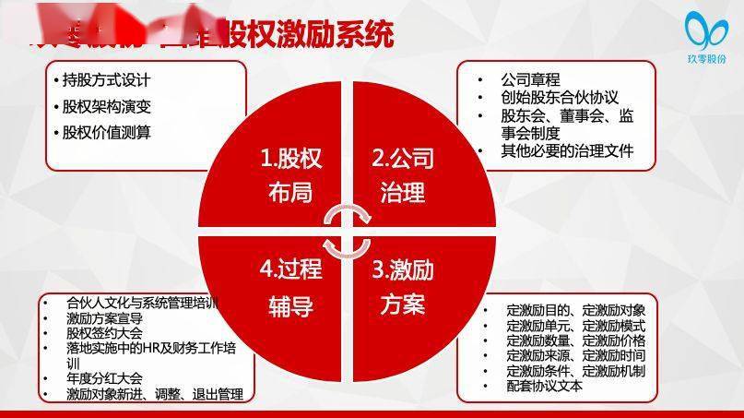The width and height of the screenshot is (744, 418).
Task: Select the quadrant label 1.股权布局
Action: pos(290,175)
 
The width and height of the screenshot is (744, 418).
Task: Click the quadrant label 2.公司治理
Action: pos(402,175)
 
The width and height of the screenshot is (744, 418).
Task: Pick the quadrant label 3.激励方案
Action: pos(402,287)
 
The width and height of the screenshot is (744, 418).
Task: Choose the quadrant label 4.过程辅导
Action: pos(290,287)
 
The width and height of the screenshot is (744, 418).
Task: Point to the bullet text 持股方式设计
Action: pos(107,80)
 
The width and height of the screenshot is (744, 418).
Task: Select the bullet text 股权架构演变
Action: pos(107,106)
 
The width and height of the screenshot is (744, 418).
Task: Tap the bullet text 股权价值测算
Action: pos(107,132)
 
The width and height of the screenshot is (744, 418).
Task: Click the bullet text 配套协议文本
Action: pos(545,387)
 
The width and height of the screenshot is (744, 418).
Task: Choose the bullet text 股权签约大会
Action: pos(105,331)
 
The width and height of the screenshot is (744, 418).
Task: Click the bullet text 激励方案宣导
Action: pos(105,316)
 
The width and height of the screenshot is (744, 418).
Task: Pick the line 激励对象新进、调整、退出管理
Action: pos(155,394)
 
